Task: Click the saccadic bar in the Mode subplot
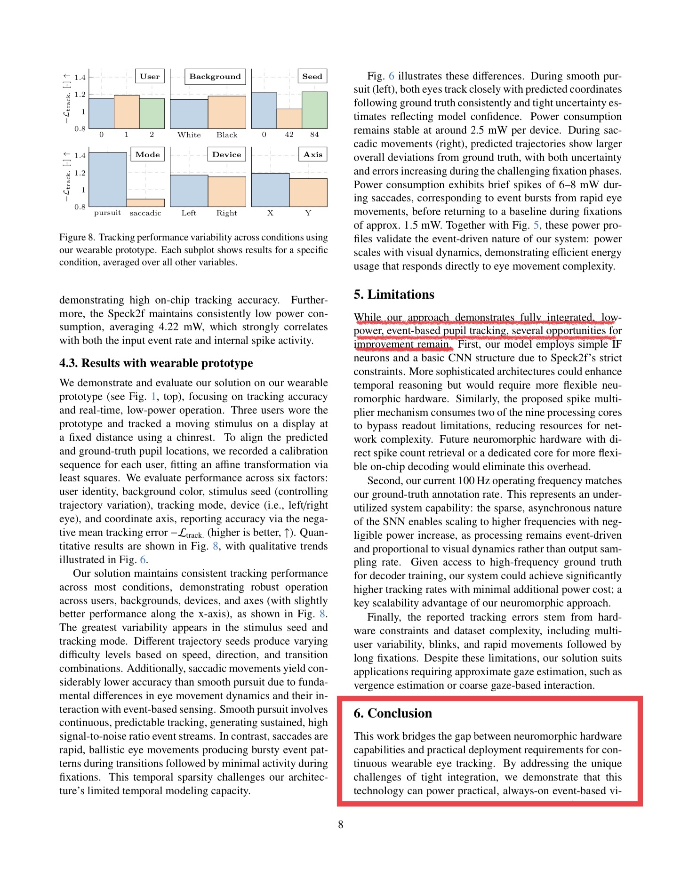click(x=145, y=203)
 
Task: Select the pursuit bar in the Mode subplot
click(x=108, y=179)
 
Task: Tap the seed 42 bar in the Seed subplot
click(x=289, y=119)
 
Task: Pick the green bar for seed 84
click(x=314, y=110)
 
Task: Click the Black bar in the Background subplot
click(x=227, y=112)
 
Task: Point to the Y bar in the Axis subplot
click(x=308, y=192)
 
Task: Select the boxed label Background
click(x=215, y=76)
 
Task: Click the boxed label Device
click(x=226, y=154)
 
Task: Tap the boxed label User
click(x=150, y=76)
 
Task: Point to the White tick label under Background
click(x=189, y=135)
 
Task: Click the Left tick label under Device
click(x=189, y=213)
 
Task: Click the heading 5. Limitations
click(x=394, y=295)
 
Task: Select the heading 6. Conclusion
click(x=393, y=713)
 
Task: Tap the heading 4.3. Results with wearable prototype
click(x=156, y=363)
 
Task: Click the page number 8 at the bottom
click(x=340, y=824)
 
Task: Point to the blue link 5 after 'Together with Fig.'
click(x=536, y=225)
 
